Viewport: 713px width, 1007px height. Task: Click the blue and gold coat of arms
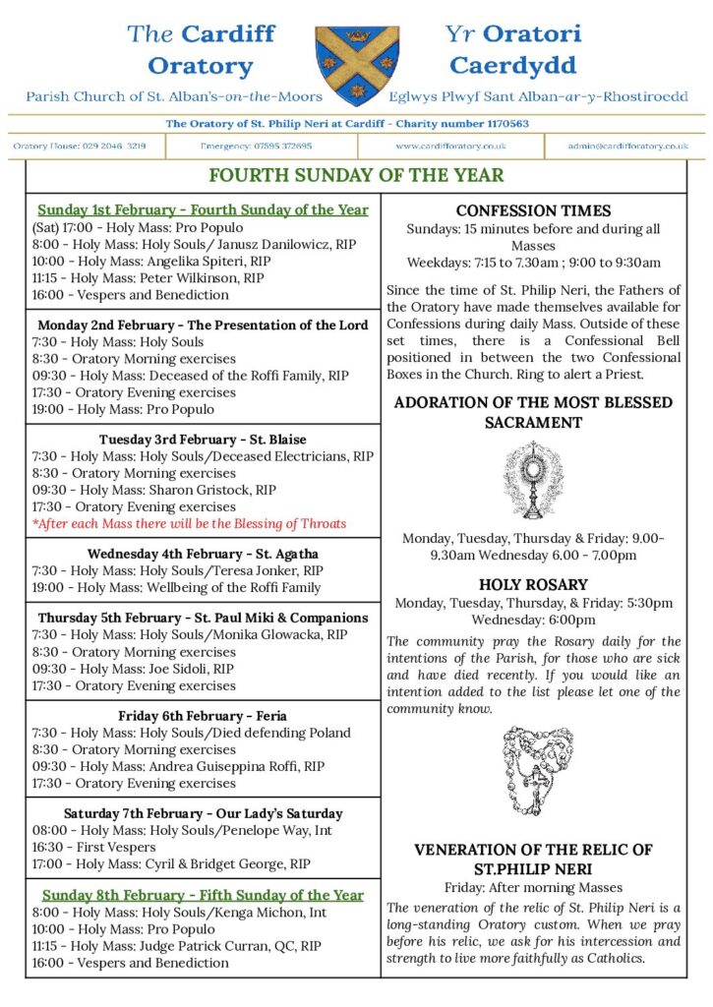click(x=357, y=64)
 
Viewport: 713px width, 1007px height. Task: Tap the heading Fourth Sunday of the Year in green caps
click(x=356, y=175)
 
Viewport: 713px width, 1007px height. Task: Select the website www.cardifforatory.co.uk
click(x=450, y=146)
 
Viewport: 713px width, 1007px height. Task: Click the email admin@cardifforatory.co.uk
click(x=627, y=146)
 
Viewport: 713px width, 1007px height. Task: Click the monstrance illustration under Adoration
click(x=532, y=481)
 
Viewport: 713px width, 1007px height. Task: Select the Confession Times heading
click(x=533, y=210)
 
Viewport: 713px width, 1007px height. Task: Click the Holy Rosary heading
click(x=533, y=584)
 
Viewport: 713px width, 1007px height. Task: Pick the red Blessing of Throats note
click(x=189, y=523)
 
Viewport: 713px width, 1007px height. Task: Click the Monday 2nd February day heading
click(x=203, y=325)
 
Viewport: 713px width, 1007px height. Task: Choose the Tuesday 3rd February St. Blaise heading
click(x=203, y=439)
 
